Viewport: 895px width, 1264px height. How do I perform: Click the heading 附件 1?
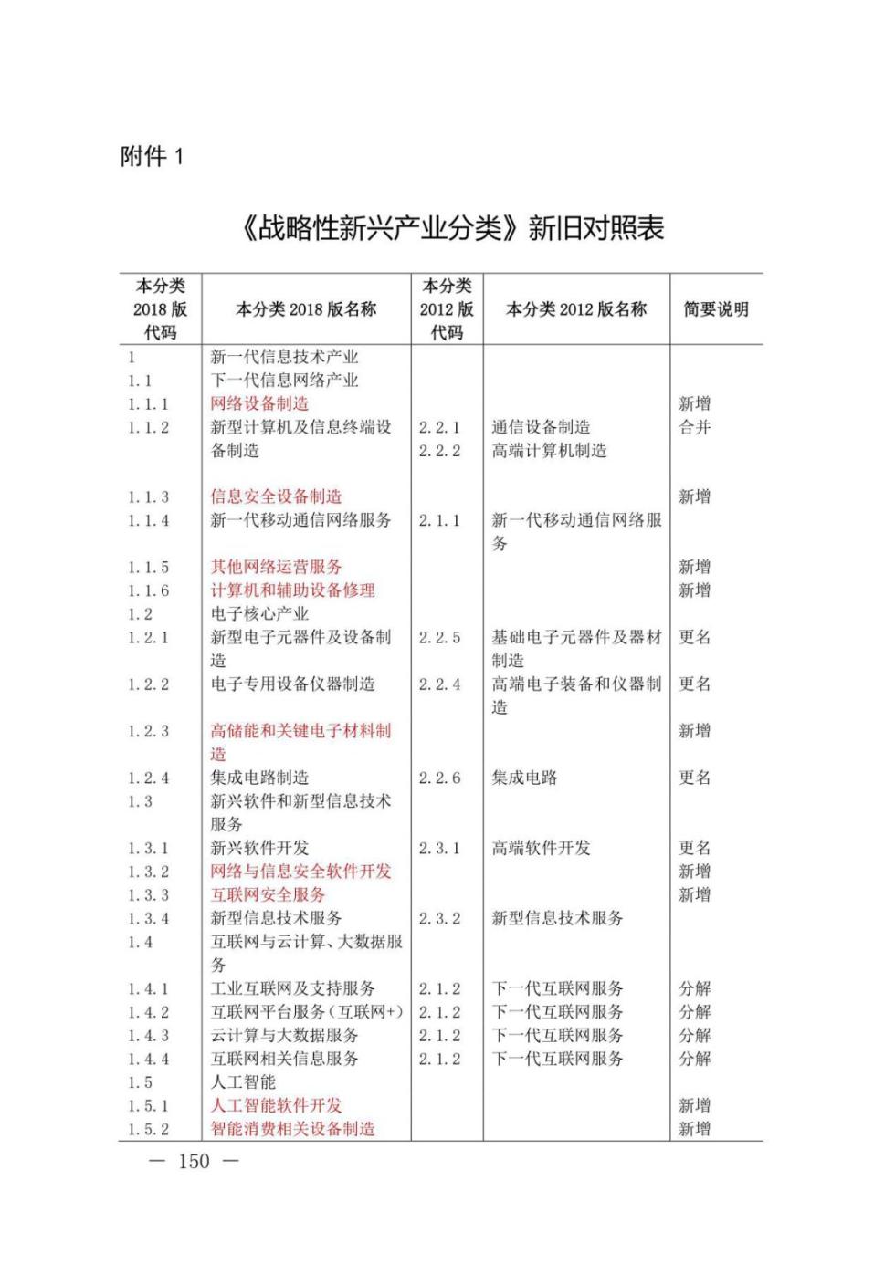(x=152, y=157)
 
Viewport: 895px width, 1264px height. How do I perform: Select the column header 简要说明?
(x=716, y=309)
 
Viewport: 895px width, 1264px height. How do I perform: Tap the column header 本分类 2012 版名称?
(x=576, y=309)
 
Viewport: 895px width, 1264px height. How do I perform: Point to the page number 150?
(x=194, y=1161)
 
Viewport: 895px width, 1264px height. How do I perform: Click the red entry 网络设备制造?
(x=259, y=403)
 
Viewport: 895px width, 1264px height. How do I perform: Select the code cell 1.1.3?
(x=149, y=497)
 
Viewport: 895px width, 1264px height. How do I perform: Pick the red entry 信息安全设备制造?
(x=276, y=497)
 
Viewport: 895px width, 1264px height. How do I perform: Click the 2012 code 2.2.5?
(x=439, y=638)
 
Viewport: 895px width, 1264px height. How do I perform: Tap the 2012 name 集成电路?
(x=524, y=778)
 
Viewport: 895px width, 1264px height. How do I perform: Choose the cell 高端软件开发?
(x=541, y=849)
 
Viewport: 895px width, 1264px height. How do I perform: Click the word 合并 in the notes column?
(x=694, y=427)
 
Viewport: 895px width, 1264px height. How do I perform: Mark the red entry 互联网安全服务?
(x=268, y=895)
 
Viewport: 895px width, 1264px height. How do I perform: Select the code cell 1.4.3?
(x=149, y=1036)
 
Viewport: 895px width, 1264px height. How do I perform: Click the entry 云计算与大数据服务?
(x=284, y=1036)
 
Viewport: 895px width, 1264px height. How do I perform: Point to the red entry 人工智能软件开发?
(x=276, y=1106)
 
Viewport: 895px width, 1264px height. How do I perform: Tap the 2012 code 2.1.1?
(x=439, y=521)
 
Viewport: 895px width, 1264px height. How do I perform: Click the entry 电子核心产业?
(x=259, y=614)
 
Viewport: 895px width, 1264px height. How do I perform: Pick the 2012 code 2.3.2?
(x=439, y=919)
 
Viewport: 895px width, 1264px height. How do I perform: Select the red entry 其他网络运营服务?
(x=276, y=568)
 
